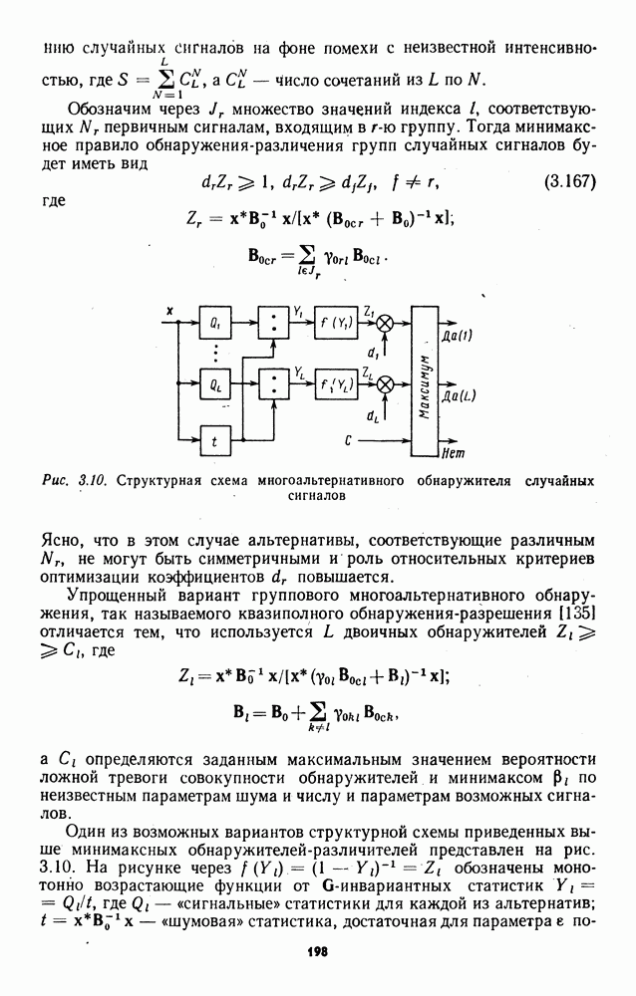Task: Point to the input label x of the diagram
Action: pos(169,312)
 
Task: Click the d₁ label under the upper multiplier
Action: pos(372,353)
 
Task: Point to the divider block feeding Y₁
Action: pos(271,325)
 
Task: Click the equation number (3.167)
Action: pos(570,181)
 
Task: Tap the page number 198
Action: pos(318,952)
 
